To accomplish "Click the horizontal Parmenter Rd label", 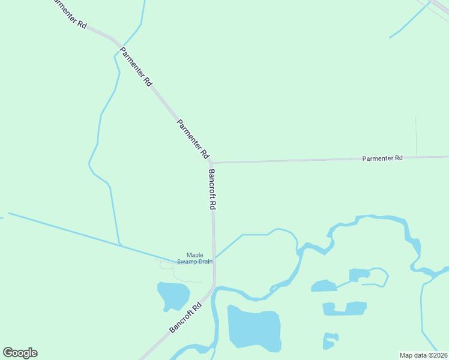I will [x=382, y=158].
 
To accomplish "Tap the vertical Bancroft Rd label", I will [x=212, y=189].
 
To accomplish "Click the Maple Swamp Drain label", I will [x=194, y=258].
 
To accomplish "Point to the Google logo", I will [x=20, y=353].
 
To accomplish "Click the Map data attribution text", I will [x=423, y=355].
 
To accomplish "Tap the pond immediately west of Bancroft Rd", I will [x=173, y=295].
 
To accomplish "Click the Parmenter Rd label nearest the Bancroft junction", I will [x=192, y=138].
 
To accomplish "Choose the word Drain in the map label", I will [x=205, y=262].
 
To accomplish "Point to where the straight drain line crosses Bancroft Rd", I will [x=214, y=258].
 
